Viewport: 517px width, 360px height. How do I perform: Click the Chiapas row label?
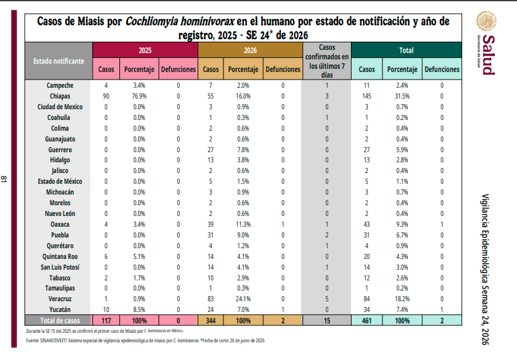(60, 96)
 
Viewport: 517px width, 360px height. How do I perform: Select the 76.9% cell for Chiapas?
(140, 96)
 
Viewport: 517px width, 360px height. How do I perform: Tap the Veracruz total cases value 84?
(367, 299)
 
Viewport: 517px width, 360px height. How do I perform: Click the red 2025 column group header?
(145, 50)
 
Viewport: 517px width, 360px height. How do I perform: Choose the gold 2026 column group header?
(250, 50)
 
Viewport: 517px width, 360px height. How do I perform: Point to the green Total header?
(407, 50)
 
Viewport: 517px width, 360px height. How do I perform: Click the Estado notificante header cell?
(59, 61)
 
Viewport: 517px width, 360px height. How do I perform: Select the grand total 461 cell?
(367, 320)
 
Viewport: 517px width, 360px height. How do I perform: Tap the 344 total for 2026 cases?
(211, 320)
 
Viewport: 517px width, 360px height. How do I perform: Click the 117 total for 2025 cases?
(106, 320)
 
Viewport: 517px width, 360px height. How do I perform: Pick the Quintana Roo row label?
(60, 256)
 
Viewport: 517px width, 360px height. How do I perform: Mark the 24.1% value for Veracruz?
(243, 299)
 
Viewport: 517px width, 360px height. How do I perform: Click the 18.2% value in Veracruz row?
(402, 299)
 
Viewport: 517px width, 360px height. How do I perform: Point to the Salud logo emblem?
(486, 21)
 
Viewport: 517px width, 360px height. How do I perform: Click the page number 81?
(4, 179)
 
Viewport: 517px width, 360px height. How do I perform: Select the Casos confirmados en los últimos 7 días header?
(327, 61)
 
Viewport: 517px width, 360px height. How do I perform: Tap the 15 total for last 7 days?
(327, 320)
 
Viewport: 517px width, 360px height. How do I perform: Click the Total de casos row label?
(60, 320)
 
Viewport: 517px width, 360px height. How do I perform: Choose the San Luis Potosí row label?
(60, 267)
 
